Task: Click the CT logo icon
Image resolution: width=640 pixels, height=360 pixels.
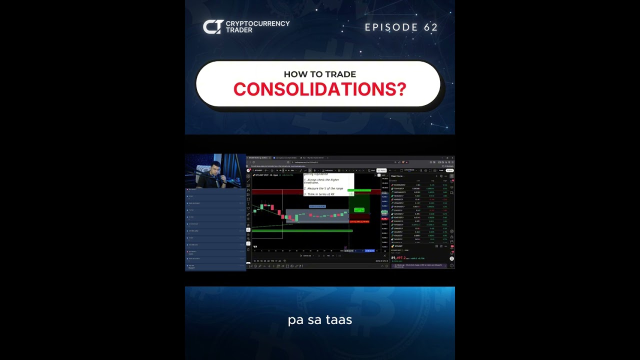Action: tap(212, 27)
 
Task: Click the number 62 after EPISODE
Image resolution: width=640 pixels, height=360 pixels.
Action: tap(430, 27)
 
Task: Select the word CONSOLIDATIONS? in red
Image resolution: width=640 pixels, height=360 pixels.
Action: tap(319, 89)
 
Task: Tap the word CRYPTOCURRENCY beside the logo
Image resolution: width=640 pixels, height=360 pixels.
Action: tap(257, 23)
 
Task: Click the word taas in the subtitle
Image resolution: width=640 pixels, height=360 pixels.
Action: tap(339, 320)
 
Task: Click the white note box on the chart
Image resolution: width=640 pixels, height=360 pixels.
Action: tap(328, 184)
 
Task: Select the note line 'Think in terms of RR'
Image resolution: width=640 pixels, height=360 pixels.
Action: tap(320, 194)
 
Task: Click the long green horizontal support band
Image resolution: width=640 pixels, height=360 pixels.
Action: tap(302, 230)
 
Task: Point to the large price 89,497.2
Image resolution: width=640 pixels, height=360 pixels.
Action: tap(398, 258)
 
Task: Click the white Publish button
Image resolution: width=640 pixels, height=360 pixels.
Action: tap(449, 170)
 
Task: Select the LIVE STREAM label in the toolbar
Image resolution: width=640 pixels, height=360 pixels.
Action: tap(409, 170)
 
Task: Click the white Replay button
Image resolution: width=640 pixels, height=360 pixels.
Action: tap(381, 170)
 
